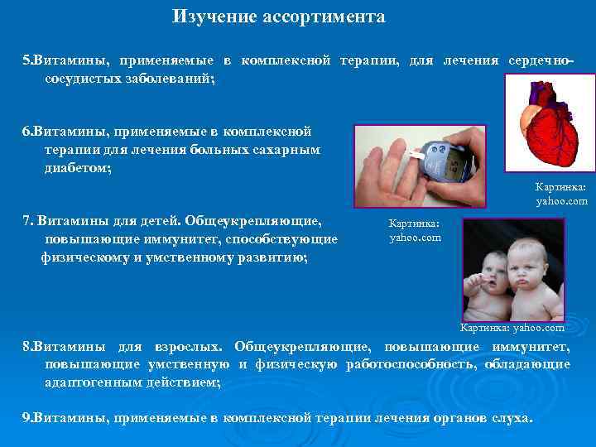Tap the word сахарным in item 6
click(286, 149)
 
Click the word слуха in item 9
click(512, 418)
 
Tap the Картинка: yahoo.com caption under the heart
click(561, 194)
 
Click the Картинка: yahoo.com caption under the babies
click(512, 327)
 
